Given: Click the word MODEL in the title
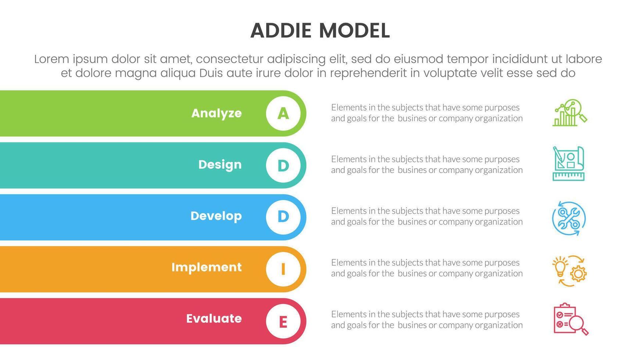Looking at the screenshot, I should click(x=354, y=30).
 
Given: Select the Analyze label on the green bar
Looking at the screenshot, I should click(x=216, y=113).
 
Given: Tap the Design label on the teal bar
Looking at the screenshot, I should click(x=220, y=165).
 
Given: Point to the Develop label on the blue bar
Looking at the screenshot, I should click(x=216, y=216).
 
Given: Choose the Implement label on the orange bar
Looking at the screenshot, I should click(x=206, y=267).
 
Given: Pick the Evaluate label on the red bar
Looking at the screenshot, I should click(x=214, y=318).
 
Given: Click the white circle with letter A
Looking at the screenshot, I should click(x=283, y=114).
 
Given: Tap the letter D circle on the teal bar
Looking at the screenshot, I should click(x=283, y=165).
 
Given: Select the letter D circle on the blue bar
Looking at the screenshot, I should click(x=283, y=217).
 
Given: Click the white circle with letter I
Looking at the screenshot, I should click(x=283, y=269).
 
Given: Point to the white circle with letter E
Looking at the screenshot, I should click(x=283, y=321).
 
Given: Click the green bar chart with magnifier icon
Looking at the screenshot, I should click(x=569, y=113).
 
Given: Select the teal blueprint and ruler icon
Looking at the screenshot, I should click(x=568, y=163).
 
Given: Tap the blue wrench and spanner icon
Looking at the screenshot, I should click(x=569, y=218).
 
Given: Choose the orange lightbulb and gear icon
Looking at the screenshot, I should click(x=569, y=271).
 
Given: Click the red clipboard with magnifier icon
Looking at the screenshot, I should click(x=571, y=319).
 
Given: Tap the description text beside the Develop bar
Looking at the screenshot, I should click(x=427, y=216).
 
